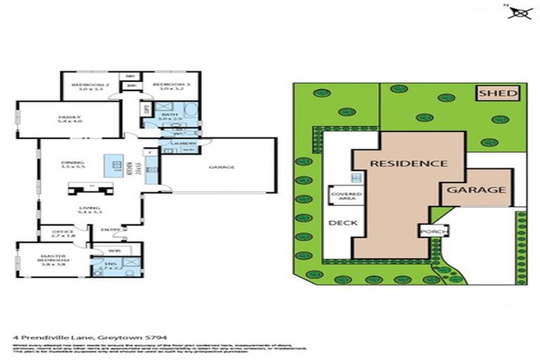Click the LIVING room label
(x=89, y=208)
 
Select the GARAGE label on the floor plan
(x=221, y=167)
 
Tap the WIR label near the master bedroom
(x=115, y=250)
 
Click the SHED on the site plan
(x=498, y=93)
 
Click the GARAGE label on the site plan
(x=477, y=189)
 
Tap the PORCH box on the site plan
(x=430, y=231)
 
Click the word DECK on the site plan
(x=342, y=224)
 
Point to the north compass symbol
(x=520, y=11)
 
